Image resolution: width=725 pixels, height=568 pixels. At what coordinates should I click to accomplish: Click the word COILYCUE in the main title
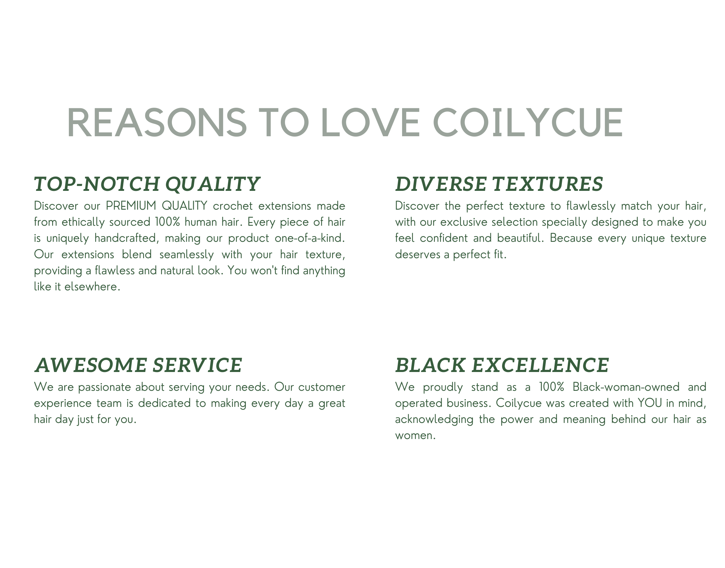point(528,122)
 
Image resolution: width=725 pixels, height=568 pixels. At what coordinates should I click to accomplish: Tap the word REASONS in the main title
point(157,122)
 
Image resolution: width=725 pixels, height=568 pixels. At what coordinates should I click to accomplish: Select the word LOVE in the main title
point(371,122)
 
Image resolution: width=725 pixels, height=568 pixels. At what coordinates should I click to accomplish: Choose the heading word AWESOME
point(91,365)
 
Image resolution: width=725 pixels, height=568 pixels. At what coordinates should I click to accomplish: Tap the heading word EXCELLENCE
point(540,365)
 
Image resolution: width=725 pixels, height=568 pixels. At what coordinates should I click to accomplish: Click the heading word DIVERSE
point(441,184)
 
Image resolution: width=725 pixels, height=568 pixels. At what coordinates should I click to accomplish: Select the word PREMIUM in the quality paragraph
point(131,206)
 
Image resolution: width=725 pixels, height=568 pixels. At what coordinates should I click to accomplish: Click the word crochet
point(233,206)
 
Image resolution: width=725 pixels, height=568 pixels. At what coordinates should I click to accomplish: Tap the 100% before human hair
point(167,222)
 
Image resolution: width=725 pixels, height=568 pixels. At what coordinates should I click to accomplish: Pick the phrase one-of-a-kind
point(310,238)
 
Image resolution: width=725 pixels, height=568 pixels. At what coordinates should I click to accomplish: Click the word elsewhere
point(92,287)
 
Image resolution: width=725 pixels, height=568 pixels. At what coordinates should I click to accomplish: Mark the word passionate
point(105,387)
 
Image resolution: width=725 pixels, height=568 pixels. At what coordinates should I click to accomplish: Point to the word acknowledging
point(434,420)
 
